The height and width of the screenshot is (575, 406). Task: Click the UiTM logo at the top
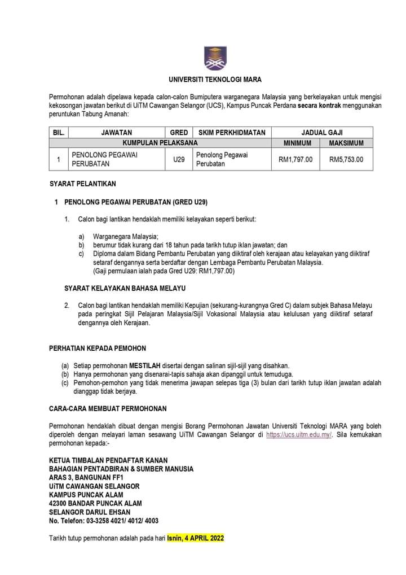pyautogui.click(x=214, y=58)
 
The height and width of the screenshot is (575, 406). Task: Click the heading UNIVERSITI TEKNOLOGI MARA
pyautogui.click(x=215, y=80)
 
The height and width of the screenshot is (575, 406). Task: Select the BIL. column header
pyautogui.click(x=59, y=132)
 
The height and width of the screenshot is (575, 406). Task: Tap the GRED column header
pyautogui.click(x=179, y=132)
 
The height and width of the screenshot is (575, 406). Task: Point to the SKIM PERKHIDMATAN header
pyautogui.click(x=232, y=132)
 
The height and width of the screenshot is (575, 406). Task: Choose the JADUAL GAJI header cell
pyautogui.click(x=322, y=132)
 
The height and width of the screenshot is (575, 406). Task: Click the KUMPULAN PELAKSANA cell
pyautogui.click(x=160, y=143)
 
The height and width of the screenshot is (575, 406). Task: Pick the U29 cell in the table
pyautogui.click(x=179, y=159)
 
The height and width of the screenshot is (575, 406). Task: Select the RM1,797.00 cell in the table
pyautogui.click(x=295, y=159)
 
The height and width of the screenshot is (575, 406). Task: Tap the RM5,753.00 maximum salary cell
pyautogui.click(x=346, y=159)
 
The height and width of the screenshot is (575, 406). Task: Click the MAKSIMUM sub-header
pyautogui.click(x=346, y=143)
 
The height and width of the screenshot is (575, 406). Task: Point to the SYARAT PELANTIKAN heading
pyautogui.click(x=83, y=184)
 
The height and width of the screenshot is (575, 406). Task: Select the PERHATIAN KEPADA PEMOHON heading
pyautogui.click(x=98, y=348)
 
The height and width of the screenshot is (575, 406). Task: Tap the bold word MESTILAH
pyautogui.click(x=145, y=365)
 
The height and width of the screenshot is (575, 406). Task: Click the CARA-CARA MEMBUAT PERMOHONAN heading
pyautogui.click(x=108, y=408)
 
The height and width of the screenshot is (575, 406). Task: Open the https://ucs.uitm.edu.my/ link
pyautogui.click(x=298, y=434)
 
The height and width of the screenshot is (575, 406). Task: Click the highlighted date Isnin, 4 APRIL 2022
pyautogui.click(x=196, y=538)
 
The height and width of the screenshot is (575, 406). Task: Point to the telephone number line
pyautogui.click(x=104, y=520)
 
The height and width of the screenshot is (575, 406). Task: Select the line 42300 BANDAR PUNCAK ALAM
pyautogui.click(x=95, y=503)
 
